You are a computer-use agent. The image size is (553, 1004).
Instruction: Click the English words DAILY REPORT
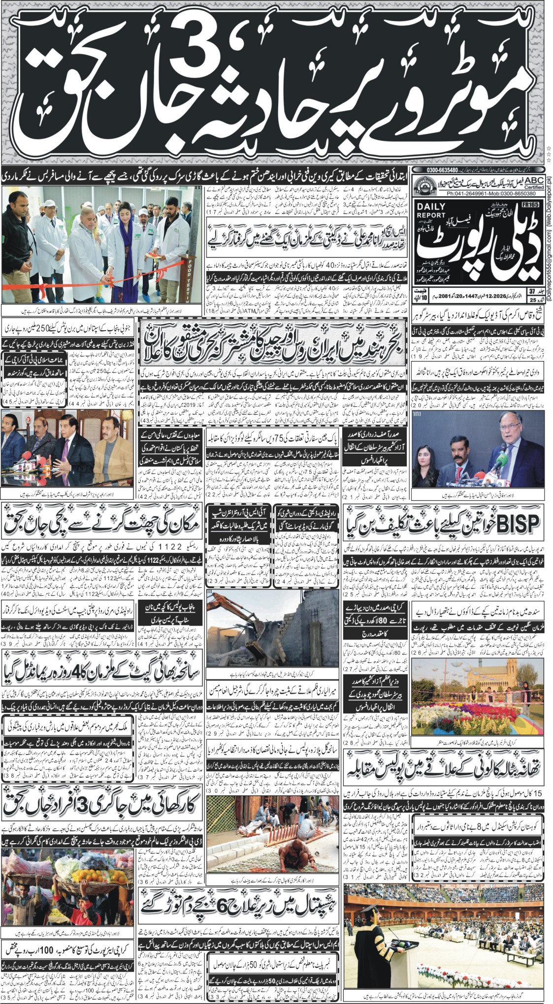pos(431,212)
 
